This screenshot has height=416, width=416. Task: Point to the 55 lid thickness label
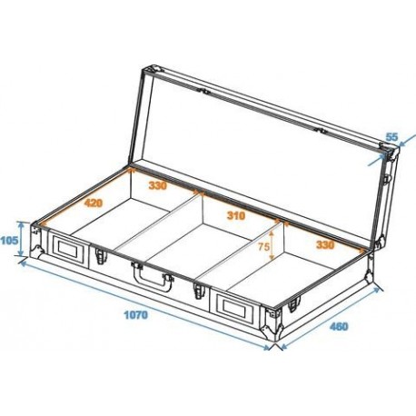(391, 137)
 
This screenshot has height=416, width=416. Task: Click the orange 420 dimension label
(92, 203)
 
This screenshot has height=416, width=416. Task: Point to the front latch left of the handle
(96, 257)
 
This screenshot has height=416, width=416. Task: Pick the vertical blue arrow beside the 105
(19, 241)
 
